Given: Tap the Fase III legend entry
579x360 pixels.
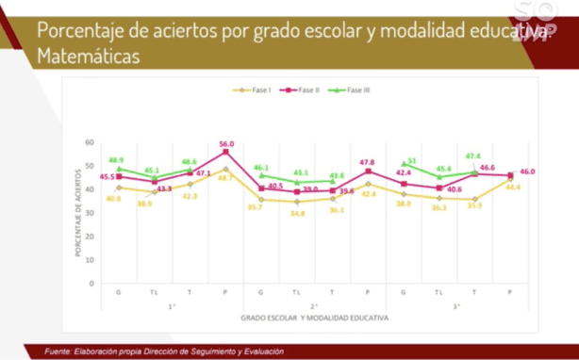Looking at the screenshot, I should point(351,90).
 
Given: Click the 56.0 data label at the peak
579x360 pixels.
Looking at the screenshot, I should point(226,144).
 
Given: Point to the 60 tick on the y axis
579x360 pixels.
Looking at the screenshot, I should point(90,143).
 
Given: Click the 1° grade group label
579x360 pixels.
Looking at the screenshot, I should point(172,306).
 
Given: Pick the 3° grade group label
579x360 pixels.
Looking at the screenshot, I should point(456,306).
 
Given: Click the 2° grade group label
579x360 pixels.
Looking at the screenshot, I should point(314,306).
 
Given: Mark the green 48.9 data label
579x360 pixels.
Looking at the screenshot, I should point(117,160).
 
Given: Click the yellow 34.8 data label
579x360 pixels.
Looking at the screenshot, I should point(297,213).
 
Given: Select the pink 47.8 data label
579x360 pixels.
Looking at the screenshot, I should point(369,162).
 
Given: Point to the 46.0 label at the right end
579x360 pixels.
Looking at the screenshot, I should point(527,172).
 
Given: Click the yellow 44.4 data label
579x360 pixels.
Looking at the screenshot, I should point(512,188).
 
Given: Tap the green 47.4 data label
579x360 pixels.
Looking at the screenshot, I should point(472,156).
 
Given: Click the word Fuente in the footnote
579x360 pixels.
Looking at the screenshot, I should point(60,351).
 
